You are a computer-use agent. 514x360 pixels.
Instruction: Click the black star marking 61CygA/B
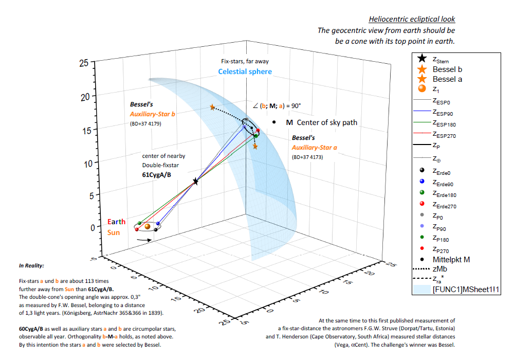tap(195, 182)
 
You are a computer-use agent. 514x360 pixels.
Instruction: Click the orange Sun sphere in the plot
tap(148, 226)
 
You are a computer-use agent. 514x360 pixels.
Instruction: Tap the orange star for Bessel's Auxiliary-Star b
tap(212, 107)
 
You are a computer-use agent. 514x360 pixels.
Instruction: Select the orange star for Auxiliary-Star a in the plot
tap(255, 147)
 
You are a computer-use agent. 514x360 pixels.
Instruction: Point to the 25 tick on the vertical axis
tap(84, 63)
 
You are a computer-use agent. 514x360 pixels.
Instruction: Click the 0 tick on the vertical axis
tap(85, 227)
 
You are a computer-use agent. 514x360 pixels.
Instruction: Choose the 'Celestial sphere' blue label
tap(245, 71)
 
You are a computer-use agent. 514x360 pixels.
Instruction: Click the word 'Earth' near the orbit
tap(116, 222)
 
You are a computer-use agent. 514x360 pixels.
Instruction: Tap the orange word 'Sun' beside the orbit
tap(114, 232)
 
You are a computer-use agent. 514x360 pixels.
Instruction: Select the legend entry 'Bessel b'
tap(447, 69)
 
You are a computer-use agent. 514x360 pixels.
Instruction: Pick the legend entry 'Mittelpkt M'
tap(451, 260)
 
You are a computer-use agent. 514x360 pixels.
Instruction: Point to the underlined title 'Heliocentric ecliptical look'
tap(412, 20)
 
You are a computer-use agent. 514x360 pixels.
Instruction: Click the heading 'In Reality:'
tap(31, 266)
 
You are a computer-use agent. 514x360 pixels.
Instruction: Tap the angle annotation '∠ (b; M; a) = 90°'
tap(277, 105)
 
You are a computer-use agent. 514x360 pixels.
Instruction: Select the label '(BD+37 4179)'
tap(146, 124)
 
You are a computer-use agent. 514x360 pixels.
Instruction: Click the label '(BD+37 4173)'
tap(307, 157)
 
